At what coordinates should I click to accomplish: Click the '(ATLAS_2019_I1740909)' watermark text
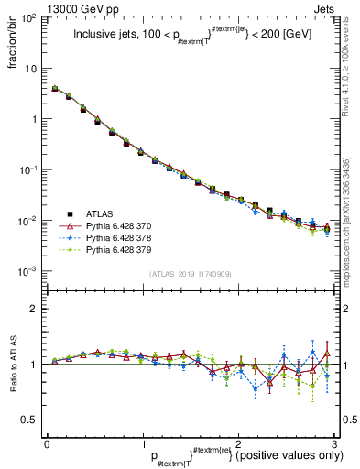tap(190, 274)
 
